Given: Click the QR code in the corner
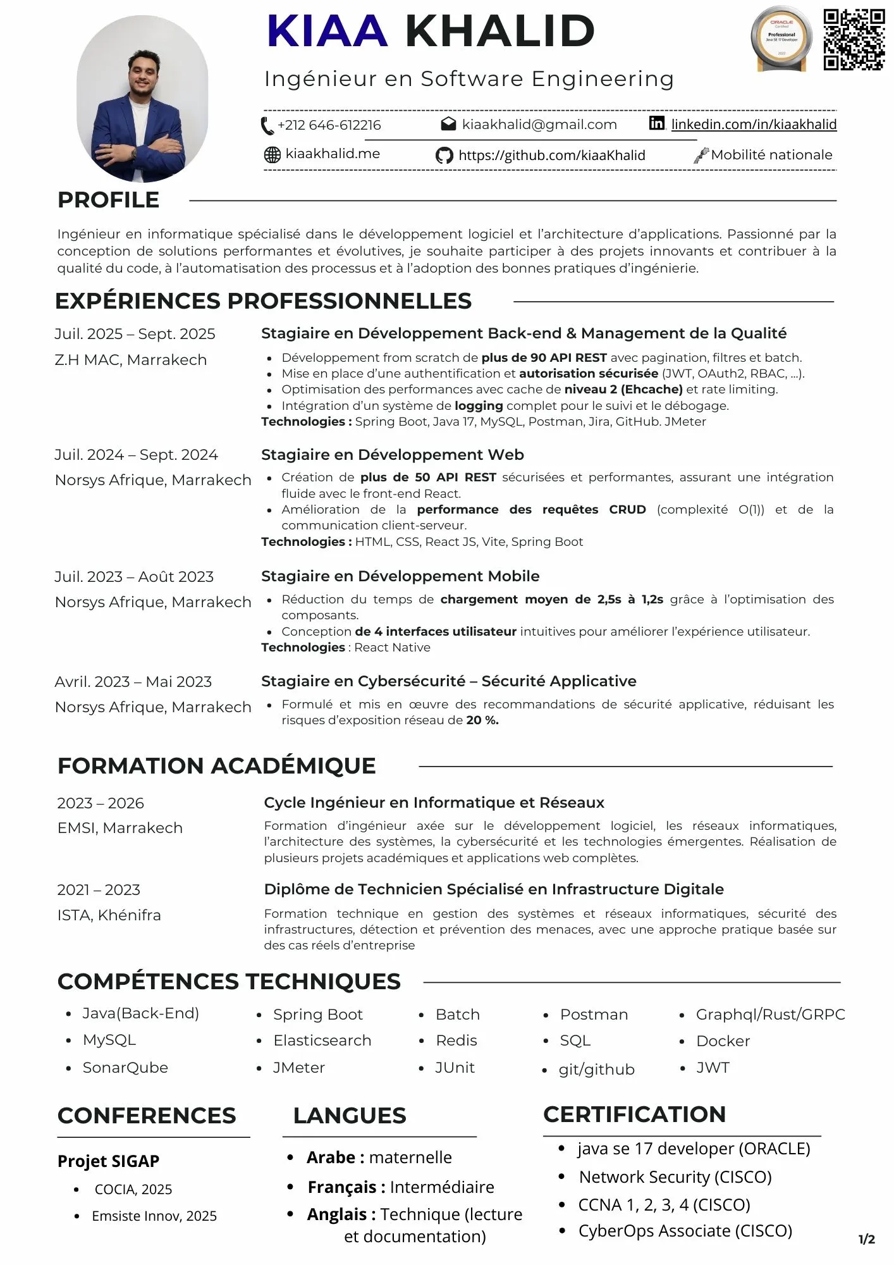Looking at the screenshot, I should [854, 39].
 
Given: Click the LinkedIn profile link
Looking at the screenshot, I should [753, 125].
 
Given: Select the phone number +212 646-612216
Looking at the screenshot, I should [329, 125].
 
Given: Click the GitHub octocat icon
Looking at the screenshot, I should [444, 156].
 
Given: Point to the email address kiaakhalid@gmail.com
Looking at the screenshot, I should [539, 125].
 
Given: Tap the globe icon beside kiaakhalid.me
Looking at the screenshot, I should [272, 154].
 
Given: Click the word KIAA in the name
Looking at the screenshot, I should [327, 31].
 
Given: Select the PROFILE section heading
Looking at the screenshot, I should [108, 200].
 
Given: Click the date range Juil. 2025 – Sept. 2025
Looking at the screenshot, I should [135, 334].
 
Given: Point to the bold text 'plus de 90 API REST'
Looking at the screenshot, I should [544, 358].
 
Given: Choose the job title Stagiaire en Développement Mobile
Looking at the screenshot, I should [400, 576].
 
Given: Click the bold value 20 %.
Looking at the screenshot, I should [482, 720].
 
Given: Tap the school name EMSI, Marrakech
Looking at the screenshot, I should [120, 828].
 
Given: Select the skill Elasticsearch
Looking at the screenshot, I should [322, 1040].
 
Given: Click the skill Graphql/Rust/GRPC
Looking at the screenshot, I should [770, 1015].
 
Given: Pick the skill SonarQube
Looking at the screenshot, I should [125, 1068].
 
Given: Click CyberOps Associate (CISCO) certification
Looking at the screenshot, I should [685, 1231].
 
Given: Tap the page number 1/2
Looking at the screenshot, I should [866, 1239].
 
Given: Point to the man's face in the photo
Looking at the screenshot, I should [142, 73].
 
